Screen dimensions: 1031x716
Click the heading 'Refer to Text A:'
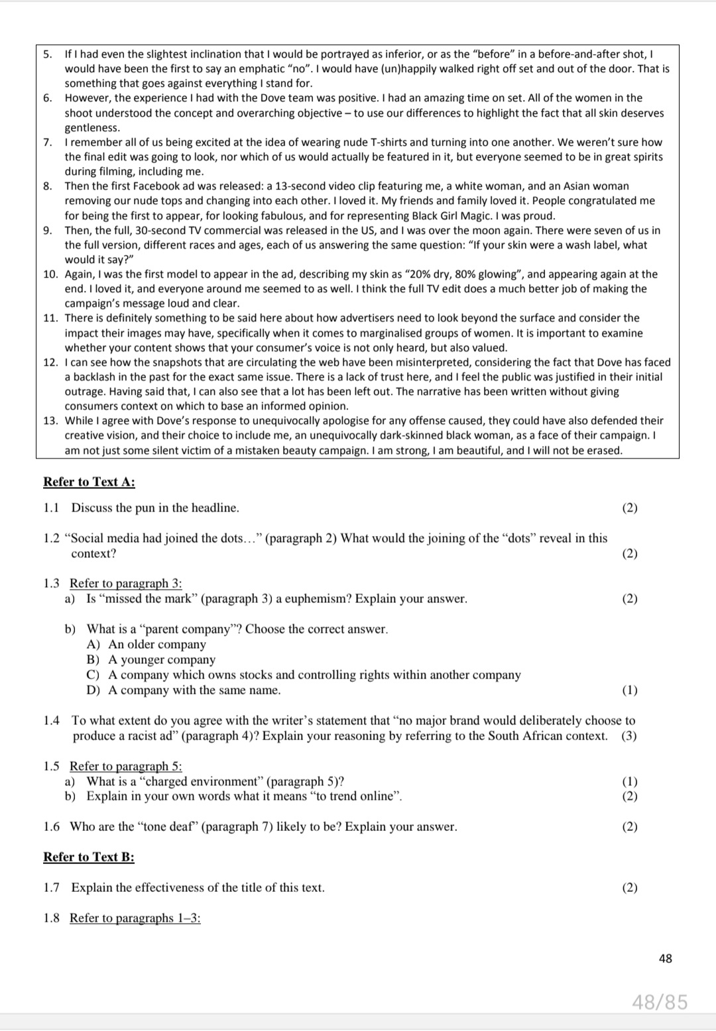pyautogui.click(x=89, y=482)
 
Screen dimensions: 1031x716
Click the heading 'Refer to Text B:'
pyautogui.click(x=89, y=857)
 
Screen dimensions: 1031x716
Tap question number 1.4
pyautogui.click(x=52, y=720)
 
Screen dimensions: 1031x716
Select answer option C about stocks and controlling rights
pyautogui.click(x=314, y=675)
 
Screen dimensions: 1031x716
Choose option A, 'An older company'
pyautogui.click(x=157, y=644)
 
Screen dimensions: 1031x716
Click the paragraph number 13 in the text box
pyautogui.click(x=50, y=421)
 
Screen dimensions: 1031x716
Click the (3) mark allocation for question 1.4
pyautogui.click(x=629, y=735)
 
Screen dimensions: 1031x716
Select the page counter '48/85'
pyautogui.click(x=660, y=1001)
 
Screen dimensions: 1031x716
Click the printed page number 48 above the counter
pyautogui.click(x=666, y=958)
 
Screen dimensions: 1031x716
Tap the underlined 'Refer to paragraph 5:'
pyautogui.click(x=126, y=766)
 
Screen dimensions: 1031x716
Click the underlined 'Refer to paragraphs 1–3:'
pyautogui.click(x=135, y=918)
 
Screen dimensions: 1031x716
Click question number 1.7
pyautogui.click(x=52, y=887)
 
